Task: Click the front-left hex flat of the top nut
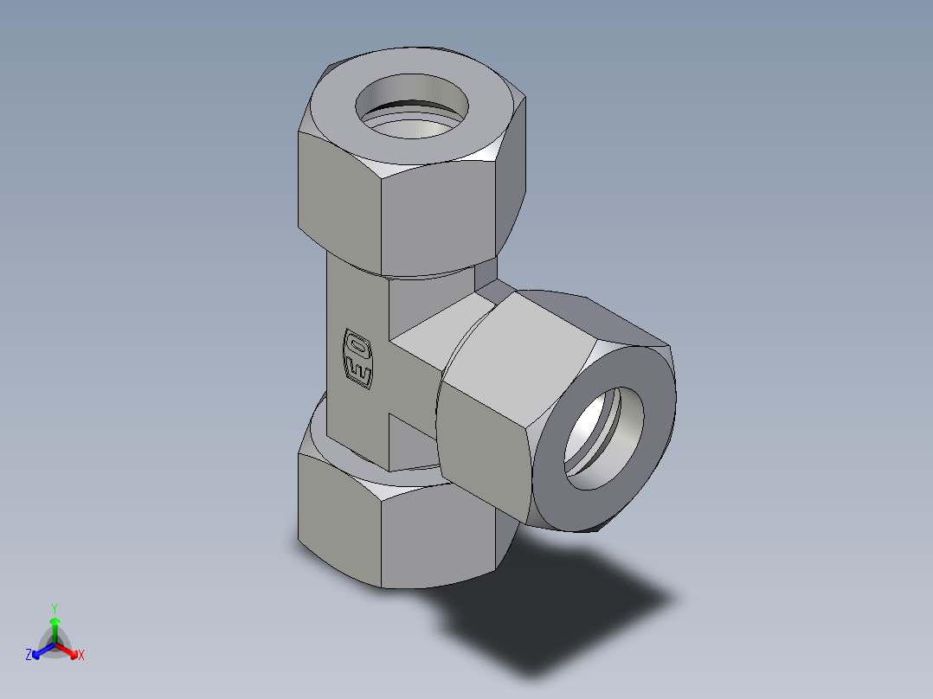[x=338, y=199]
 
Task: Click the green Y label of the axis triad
[x=55, y=607]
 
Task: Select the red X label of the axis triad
[x=81, y=656]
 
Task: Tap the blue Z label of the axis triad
[x=29, y=656]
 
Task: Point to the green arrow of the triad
[x=55, y=626]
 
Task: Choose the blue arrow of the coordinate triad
[x=41, y=651]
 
